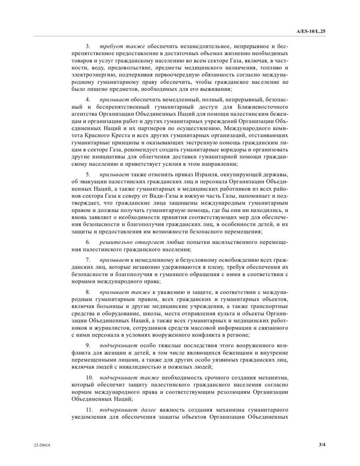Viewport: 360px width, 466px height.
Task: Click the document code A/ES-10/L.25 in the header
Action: pyautogui.click(x=311, y=32)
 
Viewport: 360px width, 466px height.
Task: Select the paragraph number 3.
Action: pyautogui.click(x=87, y=46)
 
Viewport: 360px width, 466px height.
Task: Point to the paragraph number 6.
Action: pyautogui.click(x=88, y=242)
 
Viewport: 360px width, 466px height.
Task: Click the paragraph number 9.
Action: pyautogui.click(x=88, y=345)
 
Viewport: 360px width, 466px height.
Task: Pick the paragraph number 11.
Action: pyautogui.click(x=89, y=410)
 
